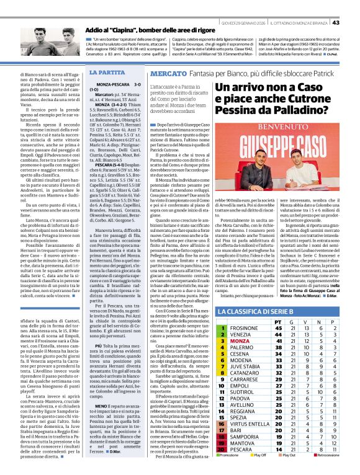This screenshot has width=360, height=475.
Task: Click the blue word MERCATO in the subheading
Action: point(166,73)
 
